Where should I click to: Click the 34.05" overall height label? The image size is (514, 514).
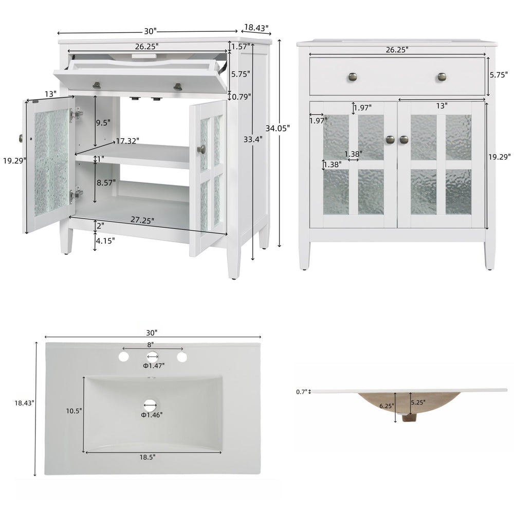tap(278, 128)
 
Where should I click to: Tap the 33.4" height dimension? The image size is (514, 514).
tap(253, 139)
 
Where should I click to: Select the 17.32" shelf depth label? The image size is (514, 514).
tap(127, 141)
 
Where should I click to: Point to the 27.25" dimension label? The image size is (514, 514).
tap(142, 220)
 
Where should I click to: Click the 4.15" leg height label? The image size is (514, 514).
tap(105, 241)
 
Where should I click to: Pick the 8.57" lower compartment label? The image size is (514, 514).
tap(106, 182)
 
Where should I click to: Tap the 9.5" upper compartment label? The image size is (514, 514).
tap(103, 123)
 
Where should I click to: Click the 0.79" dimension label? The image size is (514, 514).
tap(242, 97)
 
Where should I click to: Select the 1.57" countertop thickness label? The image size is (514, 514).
tap(241, 47)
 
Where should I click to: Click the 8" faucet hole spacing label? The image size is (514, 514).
tap(150, 344)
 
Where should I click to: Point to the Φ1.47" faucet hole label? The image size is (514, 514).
tap(153, 365)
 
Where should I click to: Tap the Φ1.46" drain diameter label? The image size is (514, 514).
tap(152, 415)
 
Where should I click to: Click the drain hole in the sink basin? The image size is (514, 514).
tap(150, 406)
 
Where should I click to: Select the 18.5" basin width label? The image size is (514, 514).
tap(148, 457)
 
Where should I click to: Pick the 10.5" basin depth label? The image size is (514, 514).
tap(74, 411)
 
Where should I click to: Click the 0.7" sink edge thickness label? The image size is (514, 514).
tap(302, 392)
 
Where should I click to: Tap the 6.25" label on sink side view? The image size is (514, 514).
tap(387, 406)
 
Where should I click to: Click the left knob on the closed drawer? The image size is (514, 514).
tap(353, 78)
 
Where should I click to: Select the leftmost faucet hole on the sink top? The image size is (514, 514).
tap(123, 357)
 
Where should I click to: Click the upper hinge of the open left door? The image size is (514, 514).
tap(76, 114)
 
